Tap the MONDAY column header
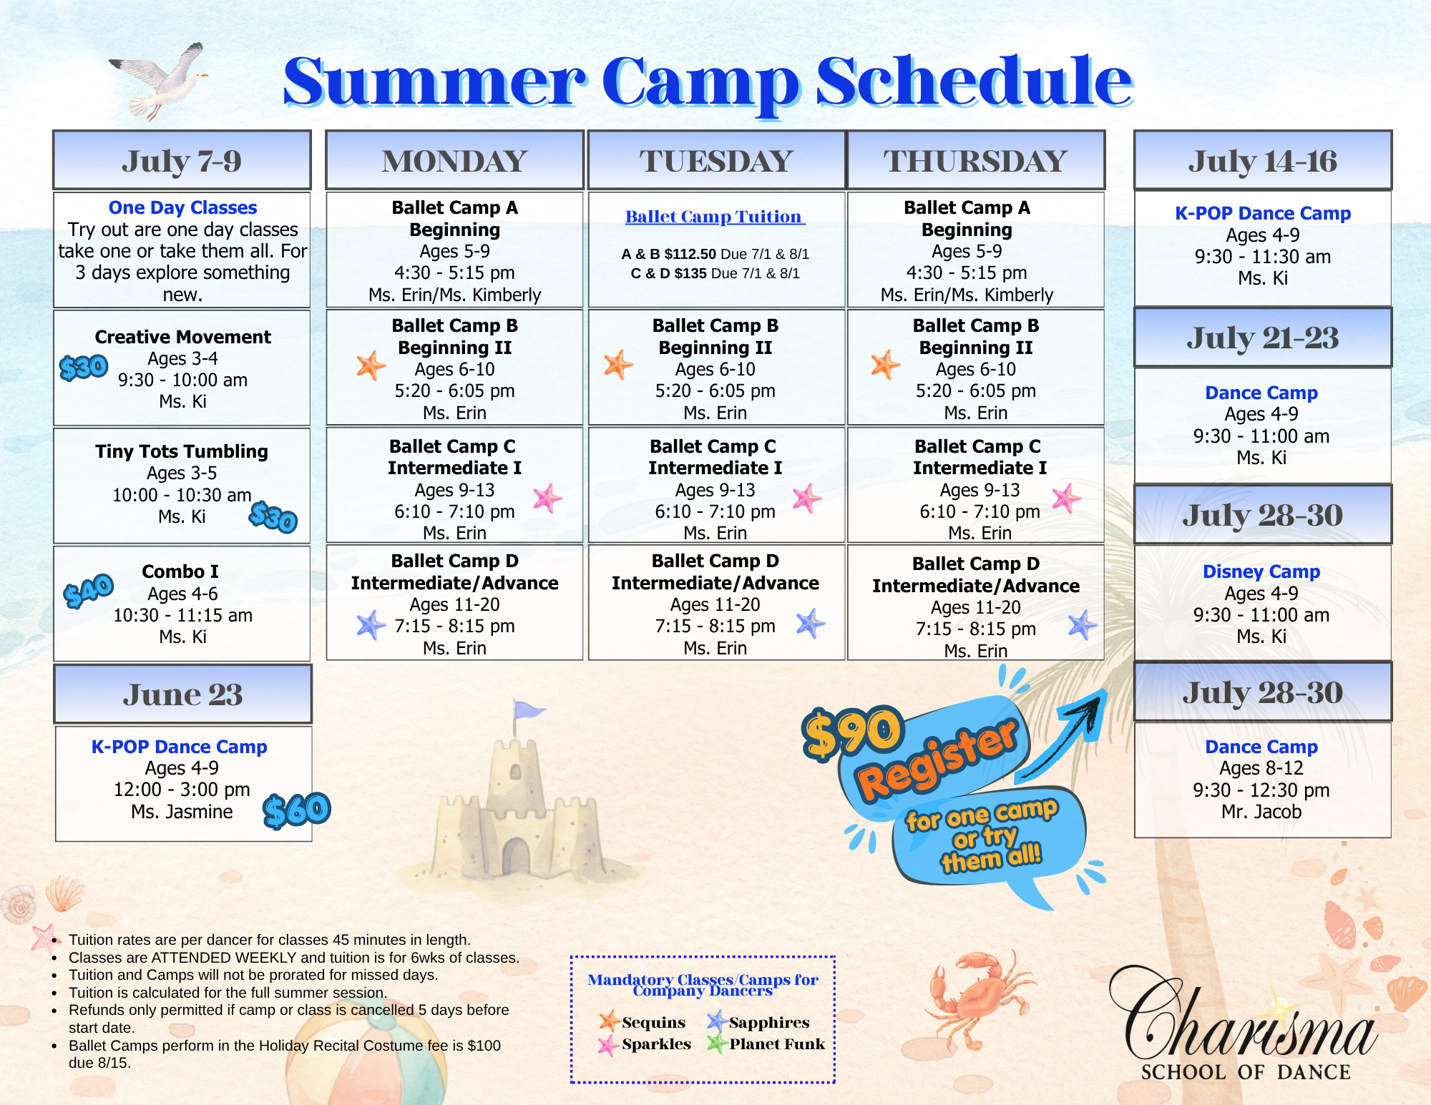coord(454,161)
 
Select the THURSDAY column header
coord(975,161)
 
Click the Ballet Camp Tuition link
coord(715,217)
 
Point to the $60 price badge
coord(296,810)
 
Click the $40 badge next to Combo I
coord(89,591)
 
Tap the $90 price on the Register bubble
coord(852,733)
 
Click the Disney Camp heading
coord(1261,571)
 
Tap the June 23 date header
coord(182,694)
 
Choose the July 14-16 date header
coord(1263,161)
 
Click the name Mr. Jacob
coord(1261,812)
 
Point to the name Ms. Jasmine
coord(182,812)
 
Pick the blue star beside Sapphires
coord(717,1021)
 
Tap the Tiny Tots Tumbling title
coord(182,451)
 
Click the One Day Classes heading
coord(182,207)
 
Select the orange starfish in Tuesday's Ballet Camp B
coord(618,365)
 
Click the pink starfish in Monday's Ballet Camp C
coord(547,498)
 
